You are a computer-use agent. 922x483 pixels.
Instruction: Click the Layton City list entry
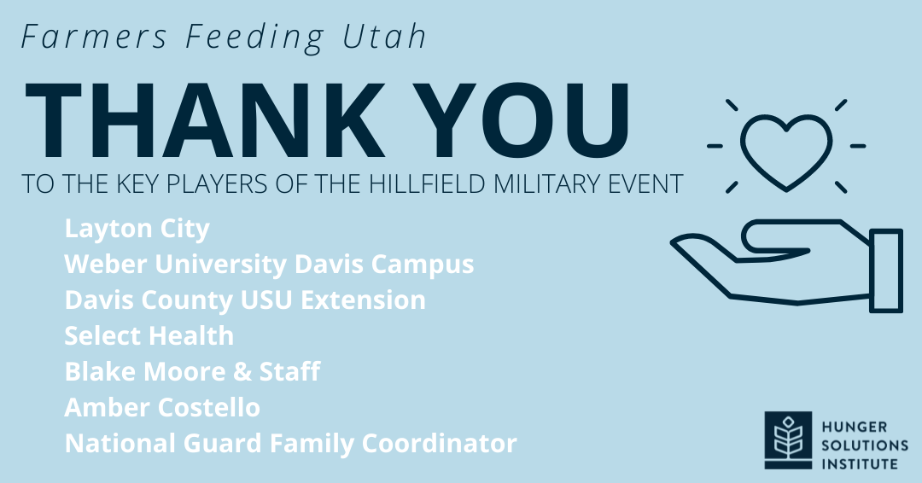click(137, 229)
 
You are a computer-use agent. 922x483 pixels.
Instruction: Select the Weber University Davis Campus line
click(269, 264)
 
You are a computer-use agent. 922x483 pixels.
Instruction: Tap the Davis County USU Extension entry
click(245, 300)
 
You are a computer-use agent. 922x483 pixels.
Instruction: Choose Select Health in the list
click(149, 335)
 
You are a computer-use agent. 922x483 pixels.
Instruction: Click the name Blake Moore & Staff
click(192, 371)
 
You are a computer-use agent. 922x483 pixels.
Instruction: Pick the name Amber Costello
click(162, 407)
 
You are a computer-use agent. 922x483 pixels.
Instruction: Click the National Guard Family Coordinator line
click(290, 444)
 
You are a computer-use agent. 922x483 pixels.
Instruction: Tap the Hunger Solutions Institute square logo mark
click(788, 440)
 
